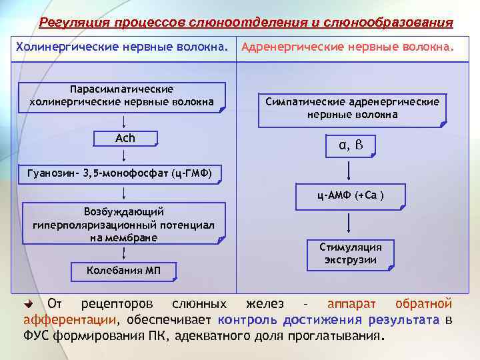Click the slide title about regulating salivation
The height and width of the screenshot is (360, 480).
tap(246, 23)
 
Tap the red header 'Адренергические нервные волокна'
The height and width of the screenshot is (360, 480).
tap(349, 47)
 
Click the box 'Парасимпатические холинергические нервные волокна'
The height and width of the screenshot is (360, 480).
tap(121, 95)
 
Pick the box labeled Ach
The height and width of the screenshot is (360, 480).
tap(125, 138)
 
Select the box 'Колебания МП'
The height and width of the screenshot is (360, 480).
tap(124, 270)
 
